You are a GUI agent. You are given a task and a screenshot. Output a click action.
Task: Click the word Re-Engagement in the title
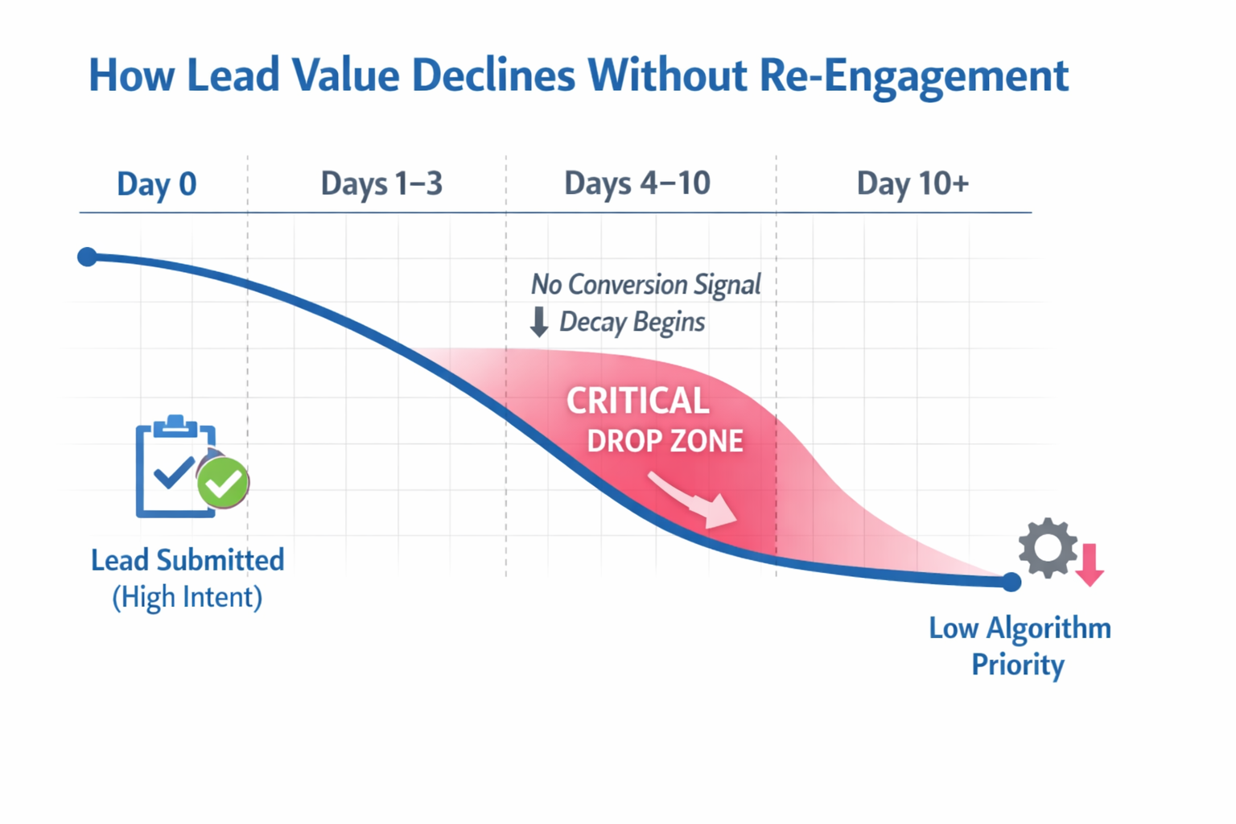(x=913, y=76)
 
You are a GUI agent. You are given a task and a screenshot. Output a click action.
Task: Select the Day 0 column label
(x=156, y=184)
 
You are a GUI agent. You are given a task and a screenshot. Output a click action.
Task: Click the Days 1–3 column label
(x=381, y=183)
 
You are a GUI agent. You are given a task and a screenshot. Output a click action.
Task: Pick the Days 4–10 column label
(x=637, y=183)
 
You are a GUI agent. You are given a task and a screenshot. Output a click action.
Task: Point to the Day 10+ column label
(x=912, y=183)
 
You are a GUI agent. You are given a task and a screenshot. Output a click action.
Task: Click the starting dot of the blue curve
(x=88, y=257)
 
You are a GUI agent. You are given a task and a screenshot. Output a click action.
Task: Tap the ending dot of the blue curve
(x=1011, y=582)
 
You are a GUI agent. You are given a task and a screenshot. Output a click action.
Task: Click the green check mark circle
(x=223, y=483)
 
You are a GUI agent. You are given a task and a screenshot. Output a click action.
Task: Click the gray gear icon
(x=1048, y=548)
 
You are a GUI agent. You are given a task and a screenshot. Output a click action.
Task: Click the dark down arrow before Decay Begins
(x=539, y=322)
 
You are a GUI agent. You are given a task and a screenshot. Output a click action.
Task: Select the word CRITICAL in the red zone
(x=637, y=401)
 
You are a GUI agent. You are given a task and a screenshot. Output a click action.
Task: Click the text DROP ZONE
(x=665, y=441)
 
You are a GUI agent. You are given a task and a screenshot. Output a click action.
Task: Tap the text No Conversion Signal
(x=645, y=284)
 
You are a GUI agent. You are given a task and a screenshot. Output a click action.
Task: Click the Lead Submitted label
(x=187, y=560)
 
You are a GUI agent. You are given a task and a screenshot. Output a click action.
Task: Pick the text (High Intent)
(x=187, y=597)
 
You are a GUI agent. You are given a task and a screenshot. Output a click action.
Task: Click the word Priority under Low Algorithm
(x=1017, y=665)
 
